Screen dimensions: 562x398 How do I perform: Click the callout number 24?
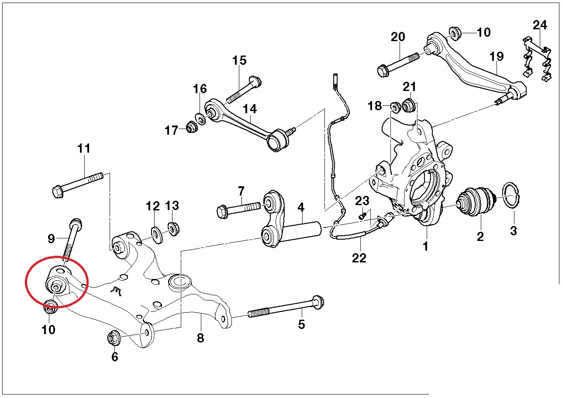[540, 25]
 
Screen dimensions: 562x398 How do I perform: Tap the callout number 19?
[496, 56]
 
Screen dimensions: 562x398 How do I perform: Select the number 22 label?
[359, 258]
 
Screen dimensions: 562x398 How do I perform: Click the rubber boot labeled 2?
[476, 201]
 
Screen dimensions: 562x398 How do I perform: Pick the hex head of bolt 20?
[383, 70]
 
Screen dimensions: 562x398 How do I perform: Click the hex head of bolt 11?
[58, 192]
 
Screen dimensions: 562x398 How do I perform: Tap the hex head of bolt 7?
[222, 212]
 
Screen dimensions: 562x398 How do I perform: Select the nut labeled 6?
[114, 338]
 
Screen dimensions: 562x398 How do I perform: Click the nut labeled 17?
[192, 127]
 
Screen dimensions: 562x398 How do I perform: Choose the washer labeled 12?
[158, 235]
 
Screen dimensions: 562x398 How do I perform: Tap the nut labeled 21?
[409, 105]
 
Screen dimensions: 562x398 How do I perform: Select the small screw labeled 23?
[362, 216]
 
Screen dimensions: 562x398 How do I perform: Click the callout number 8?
[200, 338]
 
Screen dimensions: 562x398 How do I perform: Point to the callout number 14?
[250, 109]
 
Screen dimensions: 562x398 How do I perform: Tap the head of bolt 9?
[76, 224]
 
